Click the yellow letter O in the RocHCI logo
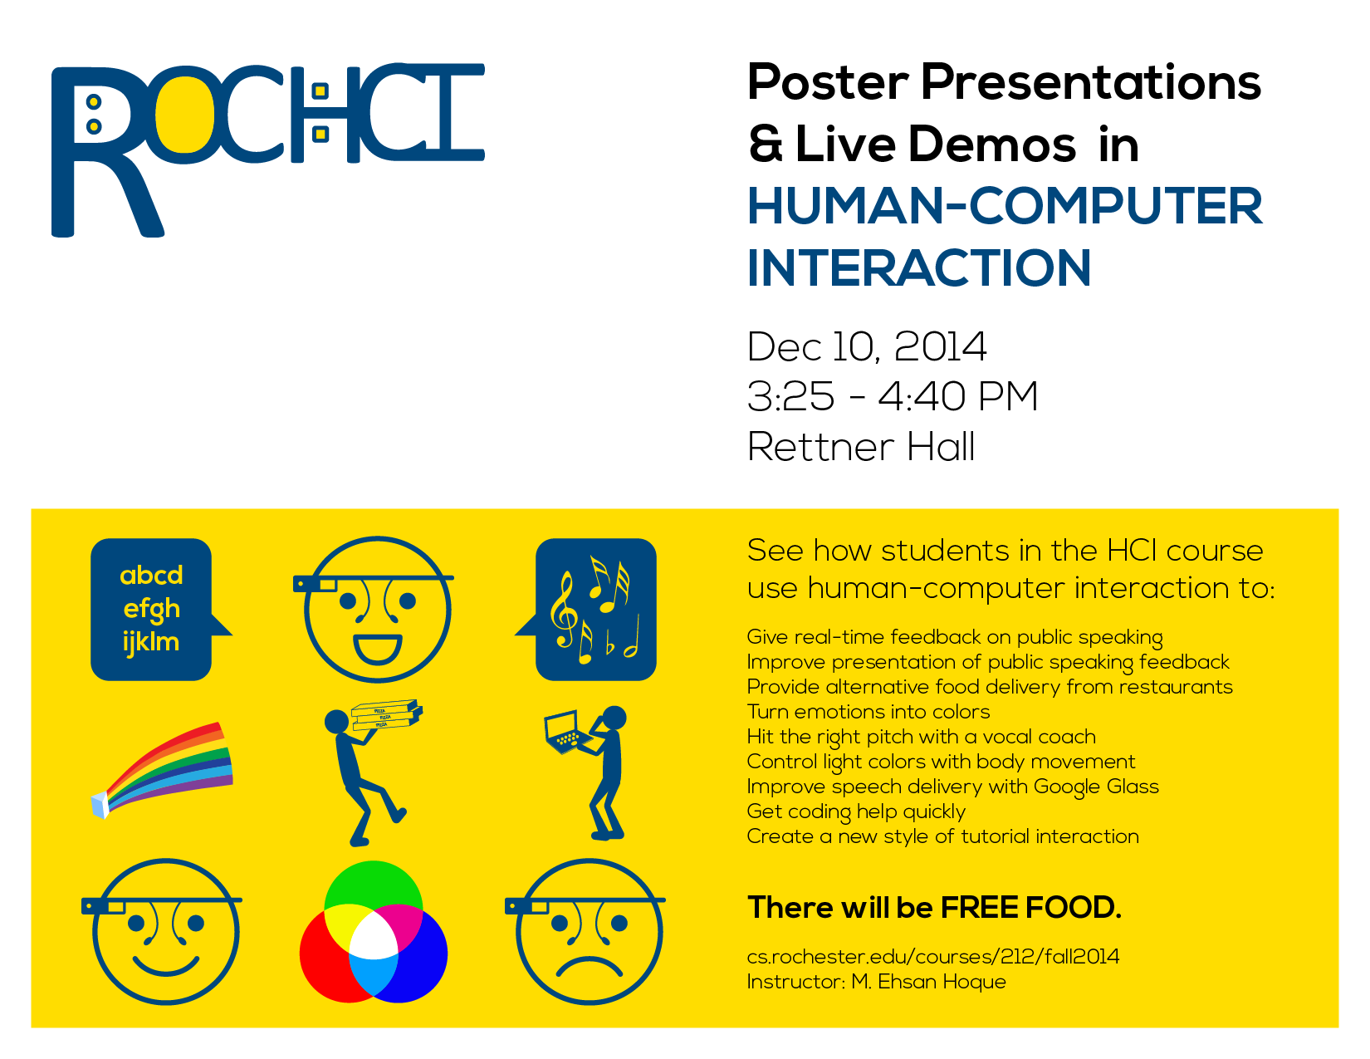[x=184, y=114]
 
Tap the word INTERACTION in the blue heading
[x=918, y=268]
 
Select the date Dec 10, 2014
[x=866, y=347]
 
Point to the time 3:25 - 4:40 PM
[x=892, y=397]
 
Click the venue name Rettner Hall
[x=861, y=447]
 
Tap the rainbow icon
[x=162, y=770]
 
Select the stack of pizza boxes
[x=386, y=714]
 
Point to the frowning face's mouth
[x=589, y=966]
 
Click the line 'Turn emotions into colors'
[x=868, y=712]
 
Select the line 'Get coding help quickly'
[x=856, y=811]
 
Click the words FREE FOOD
[x=1030, y=908]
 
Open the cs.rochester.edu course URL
[x=933, y=957]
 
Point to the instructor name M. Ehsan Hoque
[x=928, y=982]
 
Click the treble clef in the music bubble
[x=564, y=610]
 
